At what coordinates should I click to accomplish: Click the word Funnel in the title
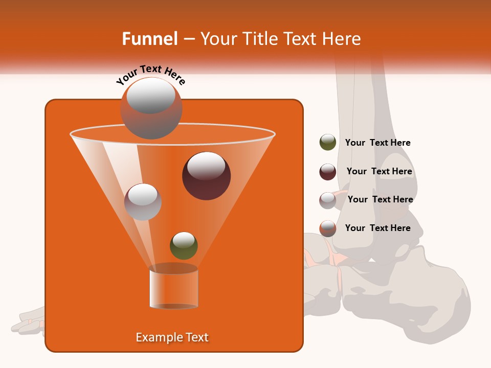click(x=149, y=39)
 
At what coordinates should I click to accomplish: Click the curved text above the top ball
click(x=151, y=75)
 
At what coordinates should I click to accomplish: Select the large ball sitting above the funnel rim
click(x=151, y=108)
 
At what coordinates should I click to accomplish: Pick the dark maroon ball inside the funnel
click(x=206, y=175)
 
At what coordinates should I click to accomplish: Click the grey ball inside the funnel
click(x=143, y=201)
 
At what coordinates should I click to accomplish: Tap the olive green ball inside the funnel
click(x=184, y=245)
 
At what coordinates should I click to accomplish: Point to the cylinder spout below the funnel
click(x=173, y=288)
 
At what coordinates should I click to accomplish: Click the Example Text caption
click(x=172, y=337)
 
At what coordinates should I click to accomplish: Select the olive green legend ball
click(x=327, y=143)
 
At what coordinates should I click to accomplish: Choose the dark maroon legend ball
click(x=327, y=172)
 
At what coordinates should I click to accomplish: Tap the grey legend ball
click(x=327, y=200)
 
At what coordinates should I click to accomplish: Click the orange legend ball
click(x=327, y=228)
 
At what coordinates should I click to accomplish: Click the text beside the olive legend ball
click(x=377, y=143)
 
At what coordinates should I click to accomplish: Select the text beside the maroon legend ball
click(x=379, y=171)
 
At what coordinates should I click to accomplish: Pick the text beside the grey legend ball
click(x=380, y=199)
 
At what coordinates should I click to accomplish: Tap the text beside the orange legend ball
click(x=377, y=228)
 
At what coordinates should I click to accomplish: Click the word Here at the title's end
click(x=343, y=39)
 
